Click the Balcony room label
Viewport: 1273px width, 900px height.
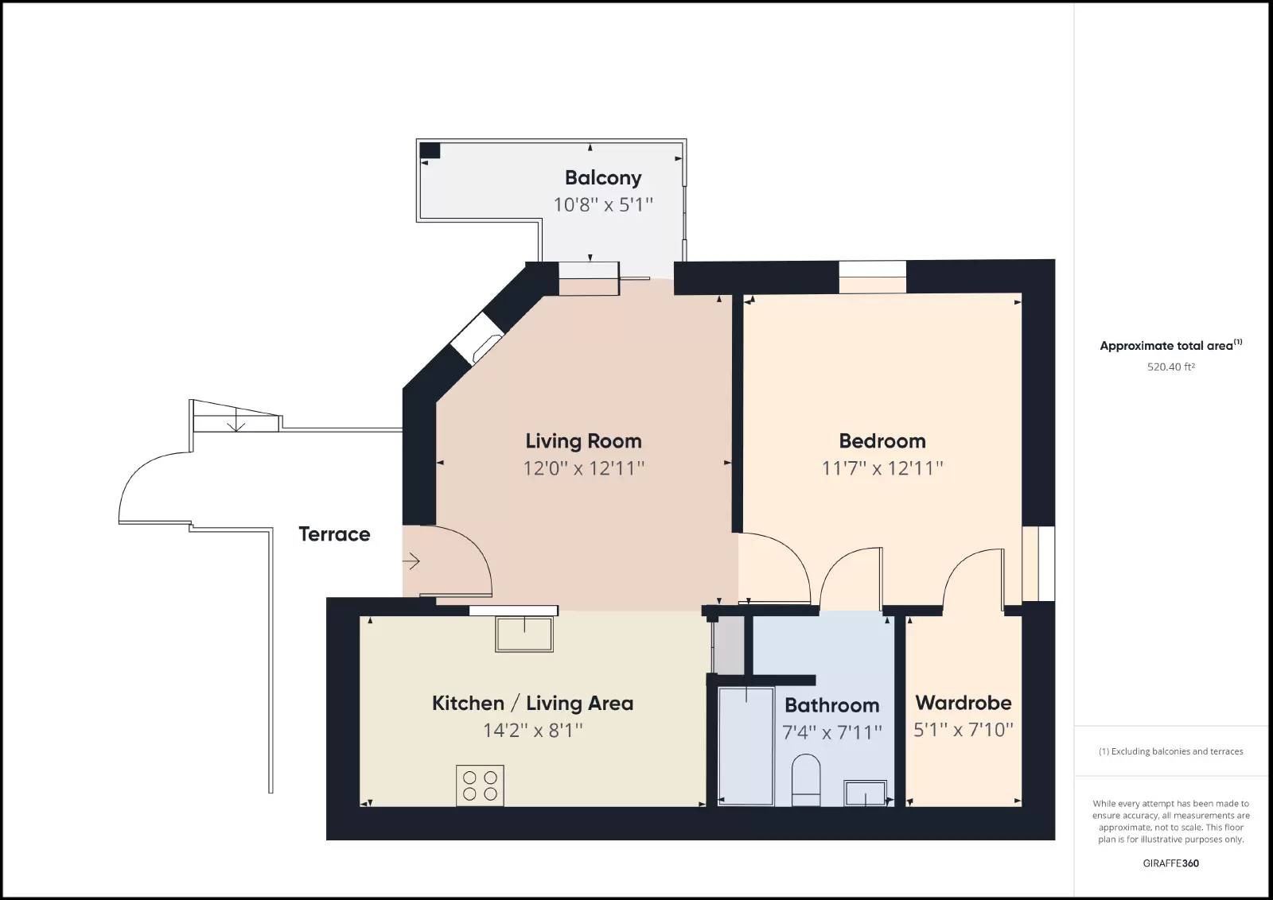pyautogui.click(x=603, y=178)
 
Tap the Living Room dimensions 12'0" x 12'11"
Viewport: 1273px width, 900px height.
pyautogui.click(x=584, y=468)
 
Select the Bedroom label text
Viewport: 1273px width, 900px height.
pyautogui.click(x=882, y=441)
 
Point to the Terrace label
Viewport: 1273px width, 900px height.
pyautogui.click(x=334, y=534)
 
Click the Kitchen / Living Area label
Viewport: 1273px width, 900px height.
pyautogui.click(x=532, y=703)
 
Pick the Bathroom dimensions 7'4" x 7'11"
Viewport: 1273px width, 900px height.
pyautogui.click(x=832, y=732)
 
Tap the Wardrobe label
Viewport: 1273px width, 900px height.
pyautogui.click(x=964, y=703)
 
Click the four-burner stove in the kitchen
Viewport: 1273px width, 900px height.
pyautogui.click(x=480, y=786)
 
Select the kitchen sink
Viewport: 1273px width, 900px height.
pyautogui.click(x=524, y=634)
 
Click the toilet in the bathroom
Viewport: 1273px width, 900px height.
pyautogui.click(x=806, y=780)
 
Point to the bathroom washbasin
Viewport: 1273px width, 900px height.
pyautogui.click(x=865, y=793)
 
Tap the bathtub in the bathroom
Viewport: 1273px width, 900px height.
pyautogui.click(x=746, y=746)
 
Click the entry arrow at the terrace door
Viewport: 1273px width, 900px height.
pyautogui.click(x=411, y=561)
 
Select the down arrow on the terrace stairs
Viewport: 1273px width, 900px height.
pyautogui.click(x=236, y=422)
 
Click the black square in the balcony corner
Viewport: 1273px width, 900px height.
pyautogui.click(x=430, y=150)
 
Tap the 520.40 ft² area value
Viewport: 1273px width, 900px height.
pyautogui.click(x=1170, y=367)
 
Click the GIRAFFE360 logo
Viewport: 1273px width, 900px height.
pyautogui.click(x=1170, y=863)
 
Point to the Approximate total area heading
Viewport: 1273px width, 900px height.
pyautogui.click(x=1170, y=345)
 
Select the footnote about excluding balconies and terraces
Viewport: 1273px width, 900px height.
pyautogui.click(x=1170, y=751)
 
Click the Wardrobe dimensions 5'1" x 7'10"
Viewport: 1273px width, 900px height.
pyautogui.click(x=964, y=730)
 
